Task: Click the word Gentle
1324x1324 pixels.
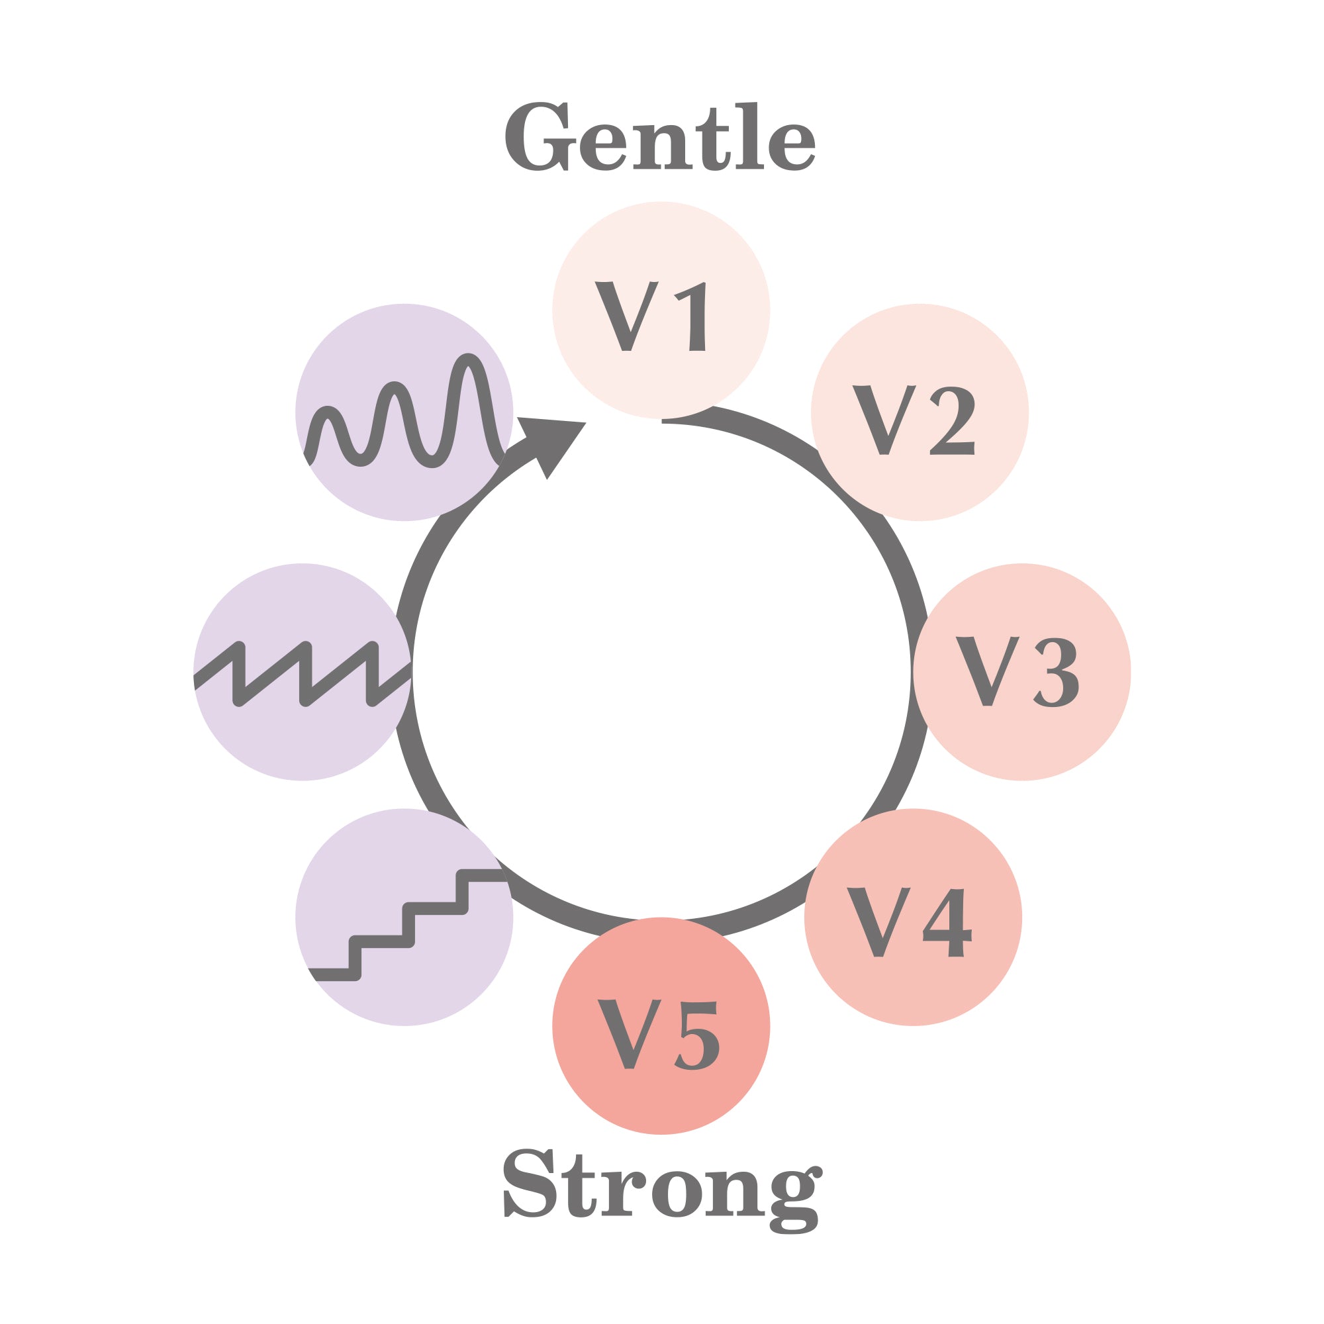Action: pyautogui.click(x=660, y=136)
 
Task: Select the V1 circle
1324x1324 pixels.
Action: pyautogui.click(x=661, y=310)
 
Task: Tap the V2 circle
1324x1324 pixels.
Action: pyautogui.click(x=920, y=412)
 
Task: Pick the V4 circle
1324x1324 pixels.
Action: pyautogui.click(x=913, y=917)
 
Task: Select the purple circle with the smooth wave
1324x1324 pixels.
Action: pyautogui.click(x=404, y=412)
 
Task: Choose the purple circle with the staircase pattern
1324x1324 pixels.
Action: pyautogui.click(x=404, y=917)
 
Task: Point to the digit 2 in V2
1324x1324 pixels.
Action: pyautogui.click(x=952, y=420)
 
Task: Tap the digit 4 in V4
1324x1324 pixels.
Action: pyautogui.click(x=947, y=922)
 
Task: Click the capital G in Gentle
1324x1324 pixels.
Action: pyautogui.click(x=540, y=136)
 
